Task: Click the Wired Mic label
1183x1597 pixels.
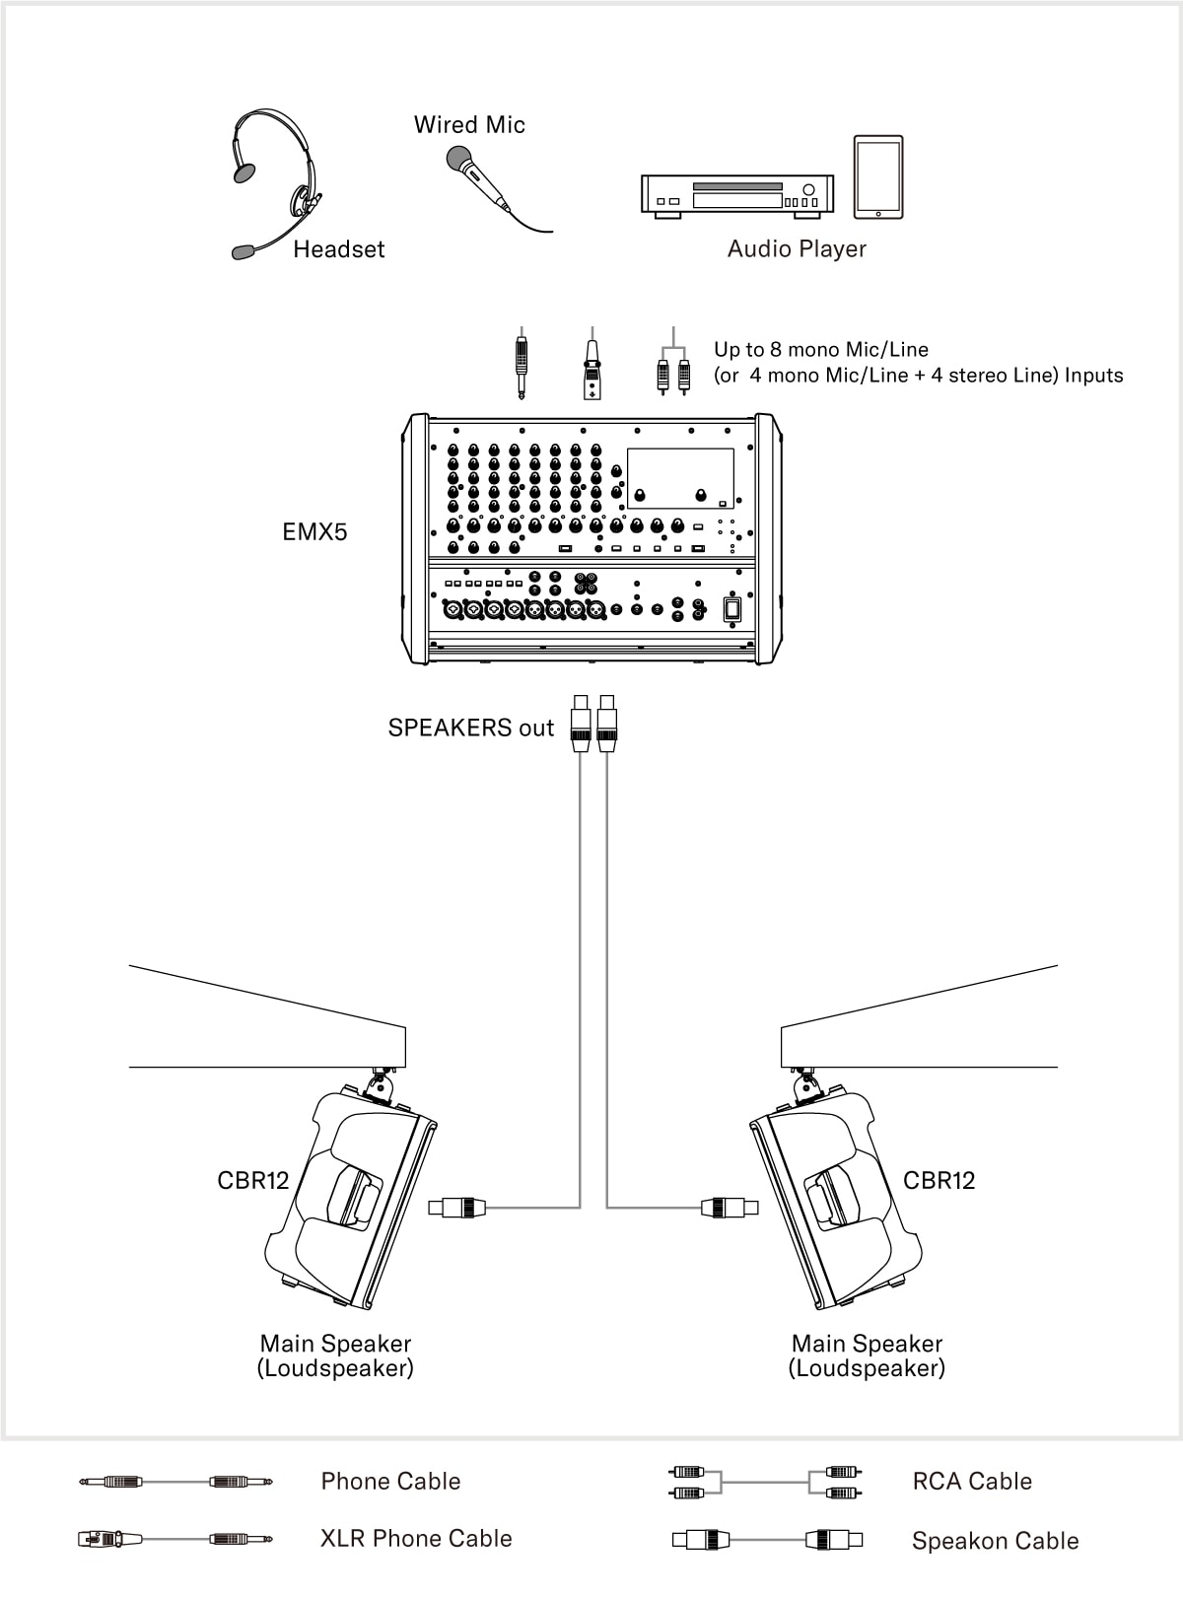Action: [x=469, y=125]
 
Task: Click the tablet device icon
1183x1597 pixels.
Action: [x=877, y=177]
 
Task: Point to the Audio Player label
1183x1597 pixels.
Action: [x=797, y=249]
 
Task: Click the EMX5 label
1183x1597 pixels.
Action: [x=314, y=532]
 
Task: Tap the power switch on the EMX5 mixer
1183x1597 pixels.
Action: [x=731, y=608]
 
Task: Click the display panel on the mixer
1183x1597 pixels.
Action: [x=680, y=478]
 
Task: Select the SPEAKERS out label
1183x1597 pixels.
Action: [x=471, y=729]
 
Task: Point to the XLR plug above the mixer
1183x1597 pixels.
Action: [x=591, y=367]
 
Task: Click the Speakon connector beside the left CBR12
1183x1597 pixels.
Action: [x=457, y=1207]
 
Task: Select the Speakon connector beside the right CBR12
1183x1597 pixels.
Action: [x=730, y=1207]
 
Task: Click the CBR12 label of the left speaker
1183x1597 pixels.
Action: [x=253, y=1181]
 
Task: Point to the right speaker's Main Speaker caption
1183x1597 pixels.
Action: [x=867, y=1355]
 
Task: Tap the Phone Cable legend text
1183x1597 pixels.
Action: [x=390, y=1482]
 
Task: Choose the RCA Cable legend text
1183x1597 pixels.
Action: [x=972, y=1482]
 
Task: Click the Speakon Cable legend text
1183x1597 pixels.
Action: [x=995, y=1541]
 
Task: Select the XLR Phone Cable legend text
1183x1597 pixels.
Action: [x=416, y=1539]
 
